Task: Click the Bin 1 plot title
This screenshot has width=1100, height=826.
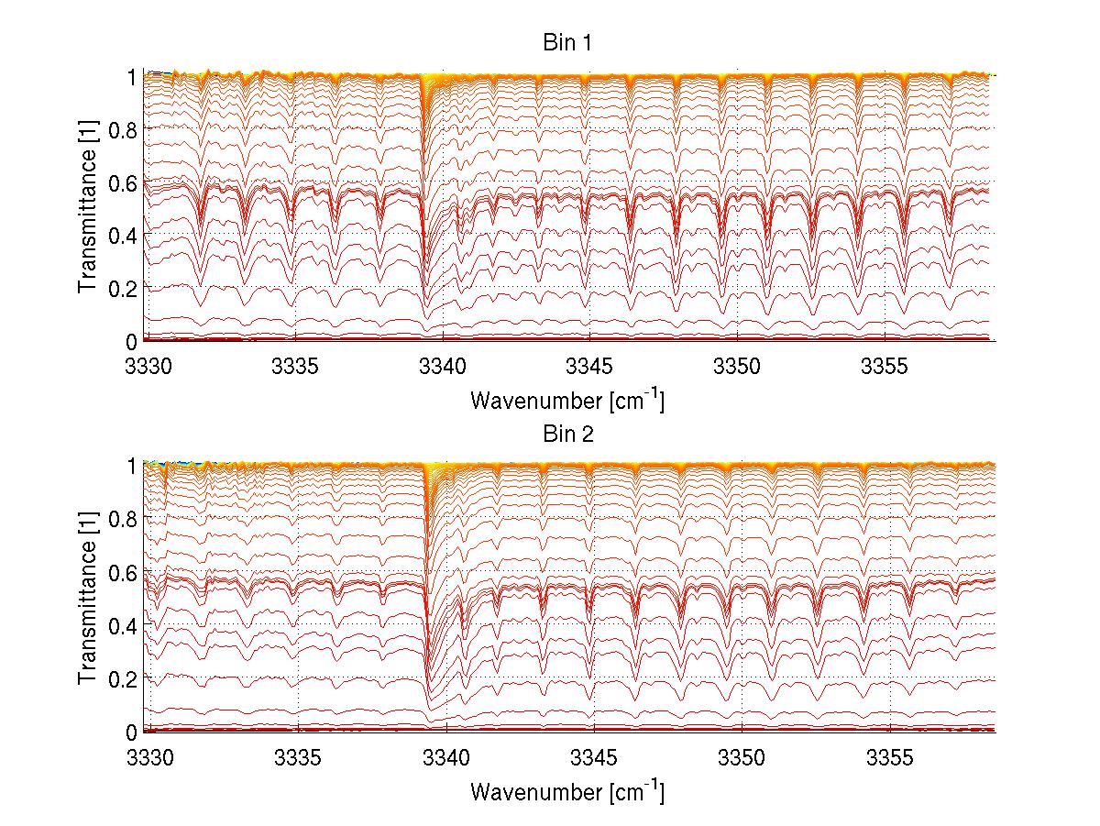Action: point(566,43)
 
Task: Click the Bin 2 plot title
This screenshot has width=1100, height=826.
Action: point(566,434)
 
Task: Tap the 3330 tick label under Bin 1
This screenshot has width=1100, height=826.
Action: point(147,367)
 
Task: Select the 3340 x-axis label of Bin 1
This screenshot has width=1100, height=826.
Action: point(443,367)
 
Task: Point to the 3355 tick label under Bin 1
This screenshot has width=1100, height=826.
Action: point(885,367)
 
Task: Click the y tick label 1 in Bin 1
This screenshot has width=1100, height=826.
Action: point(134,77)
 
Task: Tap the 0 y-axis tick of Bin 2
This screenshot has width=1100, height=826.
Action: point(134,732)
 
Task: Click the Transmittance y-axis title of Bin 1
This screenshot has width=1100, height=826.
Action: point(89,210)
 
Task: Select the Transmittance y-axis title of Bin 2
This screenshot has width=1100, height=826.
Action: point(89,600)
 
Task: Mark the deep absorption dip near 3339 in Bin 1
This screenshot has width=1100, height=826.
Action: point(423,298)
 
